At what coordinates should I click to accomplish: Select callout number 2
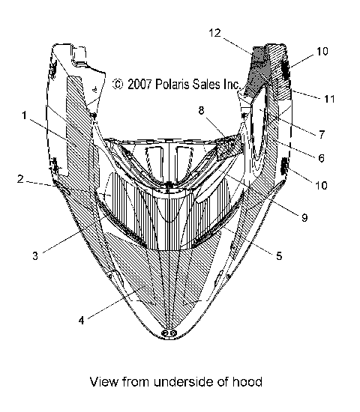23,180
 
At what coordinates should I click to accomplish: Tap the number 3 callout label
36,255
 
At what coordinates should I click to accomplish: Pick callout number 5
278,256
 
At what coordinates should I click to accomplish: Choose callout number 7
321,135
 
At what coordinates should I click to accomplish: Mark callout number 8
202,109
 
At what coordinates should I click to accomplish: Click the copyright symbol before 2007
118,85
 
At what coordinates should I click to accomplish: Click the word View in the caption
103,382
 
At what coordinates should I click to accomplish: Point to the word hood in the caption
248,382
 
